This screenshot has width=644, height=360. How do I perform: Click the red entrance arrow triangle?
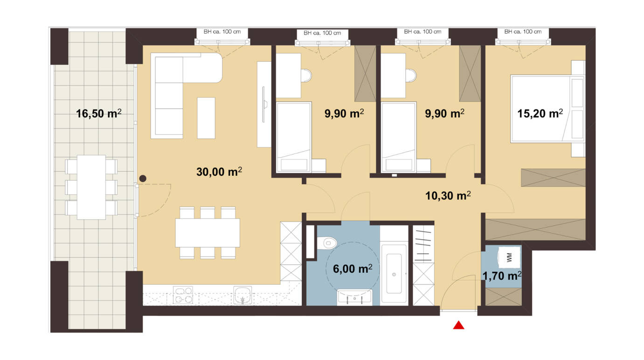[458, 325]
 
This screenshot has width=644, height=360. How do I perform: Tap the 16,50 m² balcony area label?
[98, 113]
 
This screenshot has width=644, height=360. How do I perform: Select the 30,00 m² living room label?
[219, 172]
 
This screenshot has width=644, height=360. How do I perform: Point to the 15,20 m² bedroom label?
[540, 113]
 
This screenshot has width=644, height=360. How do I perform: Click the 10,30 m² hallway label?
[448, 195]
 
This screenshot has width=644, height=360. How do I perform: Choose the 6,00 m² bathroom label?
[353, 269]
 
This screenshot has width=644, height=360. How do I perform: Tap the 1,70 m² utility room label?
[502, 276]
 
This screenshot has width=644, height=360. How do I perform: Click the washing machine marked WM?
[509, 257]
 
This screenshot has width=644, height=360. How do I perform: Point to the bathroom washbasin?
[354, 297]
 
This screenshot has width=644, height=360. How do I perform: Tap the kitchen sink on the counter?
[242, 295]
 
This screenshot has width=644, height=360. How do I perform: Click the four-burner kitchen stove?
[183, 295]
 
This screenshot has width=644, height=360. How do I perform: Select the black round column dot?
[143, 179]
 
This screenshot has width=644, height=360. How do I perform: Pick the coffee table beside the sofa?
[206, 118]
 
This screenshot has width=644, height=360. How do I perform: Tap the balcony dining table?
[91, 187]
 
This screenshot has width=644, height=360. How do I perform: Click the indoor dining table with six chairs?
[208, 233]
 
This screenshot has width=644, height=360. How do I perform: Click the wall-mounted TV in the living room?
[263, 104]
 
